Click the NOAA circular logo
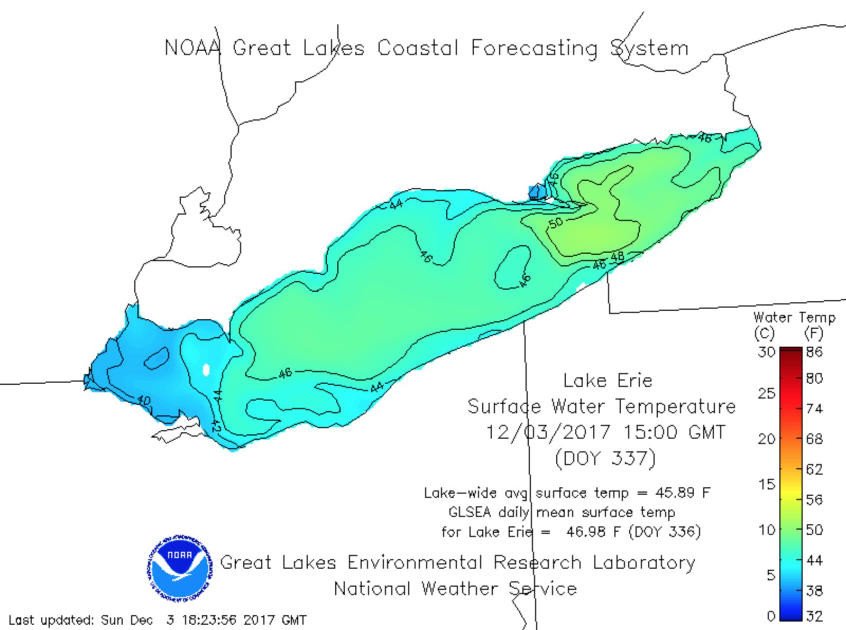coord(180,568)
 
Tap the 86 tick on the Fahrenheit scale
coord(814,351)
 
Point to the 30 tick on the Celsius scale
coord(766,351)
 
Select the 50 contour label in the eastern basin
coord(556,223)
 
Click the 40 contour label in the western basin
coord(143,401)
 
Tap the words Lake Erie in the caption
coord(608,380)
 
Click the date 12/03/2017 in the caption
coord(547,432)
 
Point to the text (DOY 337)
coord(605,458)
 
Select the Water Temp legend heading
coord(794,318)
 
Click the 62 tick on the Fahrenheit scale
coord(814,469)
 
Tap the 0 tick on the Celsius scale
coord(770,616)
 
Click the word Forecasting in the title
coord(534,48)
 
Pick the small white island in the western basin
coord(206,369)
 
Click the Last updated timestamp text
coord(157,619)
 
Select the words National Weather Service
coord(455,588)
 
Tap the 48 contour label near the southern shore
coord(617,257)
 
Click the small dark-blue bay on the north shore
coord(536,191)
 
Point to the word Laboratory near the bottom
coord(643,562)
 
